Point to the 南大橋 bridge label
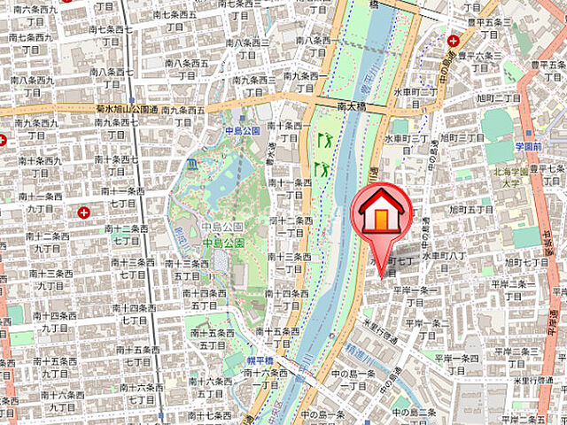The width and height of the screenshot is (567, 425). pos(353,104)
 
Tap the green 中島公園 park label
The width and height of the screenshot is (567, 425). pos(222,243)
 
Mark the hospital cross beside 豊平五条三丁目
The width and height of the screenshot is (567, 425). pos(454,40)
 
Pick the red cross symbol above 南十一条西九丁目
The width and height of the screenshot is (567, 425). pos(83,212)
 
